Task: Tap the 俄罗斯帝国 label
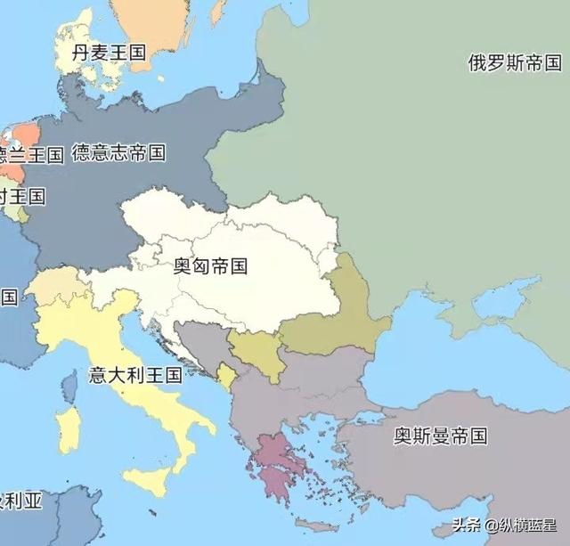tap(515, 63)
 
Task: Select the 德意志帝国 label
tap(118, 152)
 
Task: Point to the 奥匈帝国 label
tap(210, 265)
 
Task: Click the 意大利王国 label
tap(135, 374)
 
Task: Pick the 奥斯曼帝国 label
tap(441, 436)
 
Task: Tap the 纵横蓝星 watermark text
tap(521, 525)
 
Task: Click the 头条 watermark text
tap(467, 525)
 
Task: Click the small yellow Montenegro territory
tap(228, 375)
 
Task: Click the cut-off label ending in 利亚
tap(20, 501)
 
